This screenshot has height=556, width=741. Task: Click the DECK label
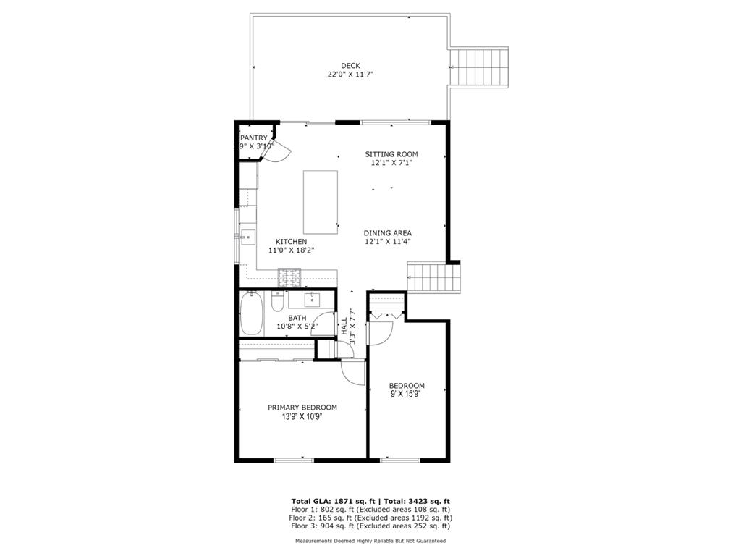point(350,66)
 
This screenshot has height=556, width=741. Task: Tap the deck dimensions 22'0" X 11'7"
point(351,75)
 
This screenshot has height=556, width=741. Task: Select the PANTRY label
point(254,138)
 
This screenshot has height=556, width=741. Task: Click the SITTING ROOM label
point(391,154)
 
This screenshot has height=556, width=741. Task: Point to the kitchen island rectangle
point(321,202)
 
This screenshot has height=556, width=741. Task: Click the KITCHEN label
point(291,242)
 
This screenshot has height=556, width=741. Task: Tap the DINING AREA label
point(388,233)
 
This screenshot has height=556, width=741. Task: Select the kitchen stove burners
point(289,278)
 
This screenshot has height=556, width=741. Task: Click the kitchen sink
point(247,237)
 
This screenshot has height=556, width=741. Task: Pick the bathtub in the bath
point(251,313)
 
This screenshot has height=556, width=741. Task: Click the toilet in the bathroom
point(277,302)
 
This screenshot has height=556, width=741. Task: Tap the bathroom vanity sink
point(312,299)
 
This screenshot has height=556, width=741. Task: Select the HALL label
point(344,327)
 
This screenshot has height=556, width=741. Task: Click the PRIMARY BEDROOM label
point(302,408)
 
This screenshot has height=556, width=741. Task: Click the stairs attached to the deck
point(478,67)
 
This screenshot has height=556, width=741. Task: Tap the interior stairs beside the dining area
point(434,278)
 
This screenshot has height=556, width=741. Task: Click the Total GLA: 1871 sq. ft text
point(333,501)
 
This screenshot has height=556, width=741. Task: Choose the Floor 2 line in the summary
point(370,518)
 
